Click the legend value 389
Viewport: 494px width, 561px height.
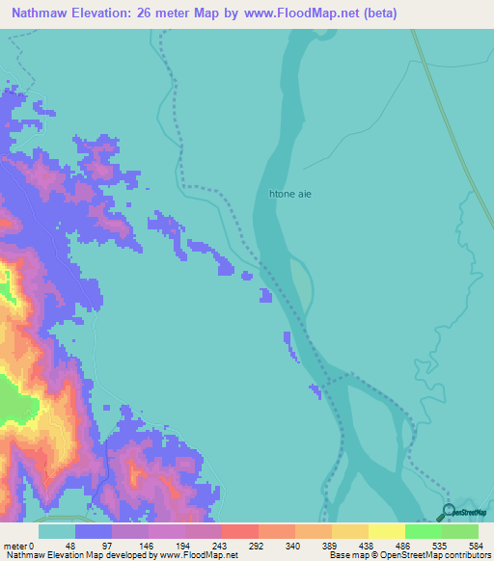pyautogui.click(x=329, y=545)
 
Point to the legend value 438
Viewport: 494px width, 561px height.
pyautogui.click(x=367, y=545)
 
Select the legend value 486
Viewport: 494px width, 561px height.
pyautogui.click(x=404, y=545)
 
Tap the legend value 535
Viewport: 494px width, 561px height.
pyautogui.click(x=441, y=545)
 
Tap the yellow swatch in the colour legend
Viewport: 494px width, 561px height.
pyautogui.click(x=386, y=531)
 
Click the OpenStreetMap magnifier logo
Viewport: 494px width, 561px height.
pyautogui.click(x=449, y=513)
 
